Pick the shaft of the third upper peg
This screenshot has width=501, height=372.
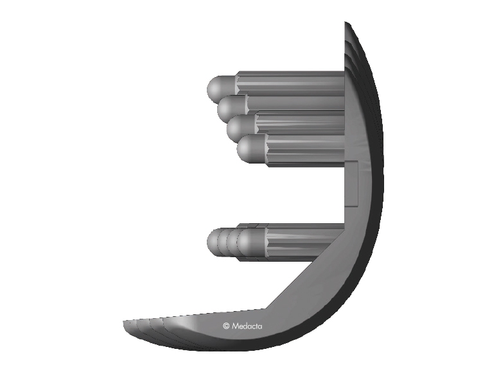tap(301, 123)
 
